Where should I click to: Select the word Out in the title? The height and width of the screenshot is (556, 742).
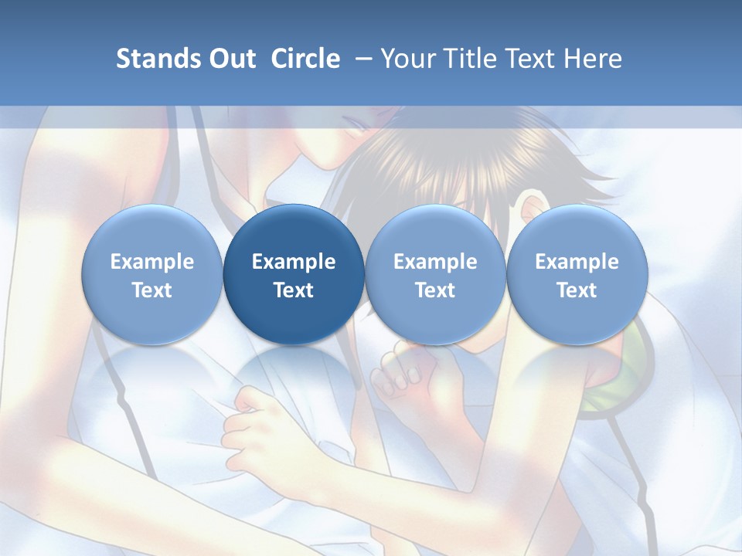point(230,59)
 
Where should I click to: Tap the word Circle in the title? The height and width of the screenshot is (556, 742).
point(305,59)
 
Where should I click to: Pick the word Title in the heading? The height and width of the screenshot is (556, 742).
point(466,59)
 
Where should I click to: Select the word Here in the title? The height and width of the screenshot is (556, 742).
point(592,59)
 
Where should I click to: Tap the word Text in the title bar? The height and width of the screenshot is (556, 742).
point(527,59)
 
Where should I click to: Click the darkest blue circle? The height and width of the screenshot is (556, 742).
point(294,275)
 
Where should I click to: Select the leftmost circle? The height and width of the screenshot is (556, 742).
point(152,275)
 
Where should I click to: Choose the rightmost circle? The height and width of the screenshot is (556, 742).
point(577,275)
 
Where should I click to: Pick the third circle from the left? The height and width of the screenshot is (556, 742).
point(435,275)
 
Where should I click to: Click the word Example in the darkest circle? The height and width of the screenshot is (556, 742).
point(294,262)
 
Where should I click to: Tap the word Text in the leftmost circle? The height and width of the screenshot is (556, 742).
point(152,290)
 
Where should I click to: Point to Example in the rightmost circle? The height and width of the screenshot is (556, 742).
point(577,262)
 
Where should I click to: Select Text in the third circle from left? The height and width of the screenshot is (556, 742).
point(435,290)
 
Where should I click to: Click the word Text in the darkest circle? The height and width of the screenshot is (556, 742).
point(294,290)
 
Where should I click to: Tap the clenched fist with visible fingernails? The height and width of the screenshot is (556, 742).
point(402,371)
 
